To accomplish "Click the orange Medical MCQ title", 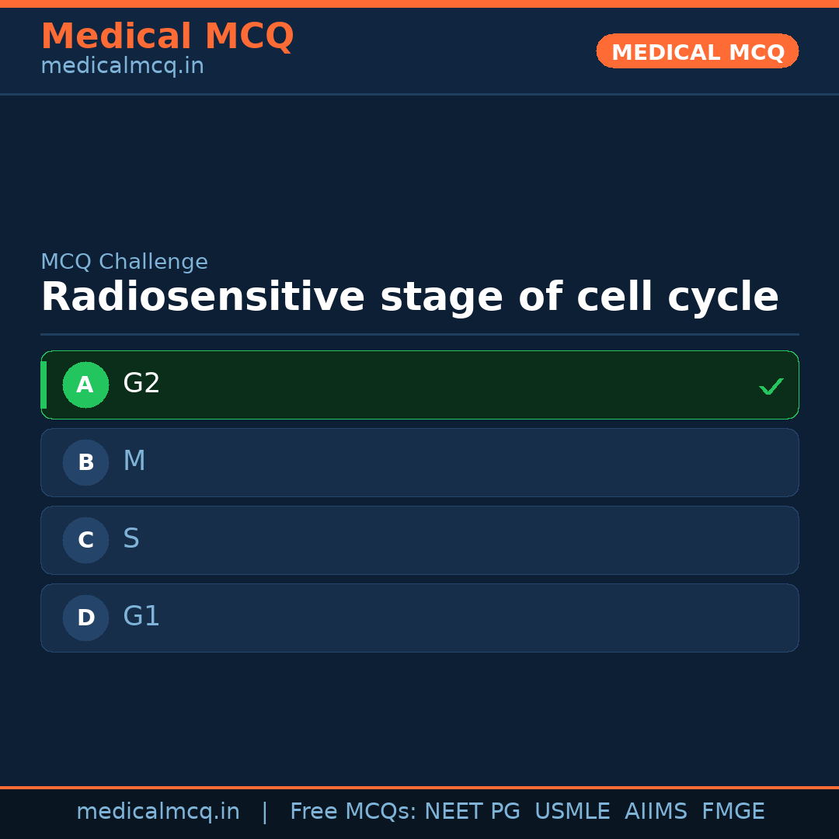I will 167,37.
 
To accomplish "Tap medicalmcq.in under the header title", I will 122,67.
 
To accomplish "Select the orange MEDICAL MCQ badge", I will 697,52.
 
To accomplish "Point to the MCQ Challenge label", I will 124,263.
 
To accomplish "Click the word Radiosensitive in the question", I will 202,298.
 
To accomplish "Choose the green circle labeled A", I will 85,385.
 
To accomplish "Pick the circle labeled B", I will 85,462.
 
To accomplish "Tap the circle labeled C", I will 85,540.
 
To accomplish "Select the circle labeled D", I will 85,618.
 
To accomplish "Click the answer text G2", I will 141,384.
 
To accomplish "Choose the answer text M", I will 134,461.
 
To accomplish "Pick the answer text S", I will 131,539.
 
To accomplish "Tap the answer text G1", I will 141,617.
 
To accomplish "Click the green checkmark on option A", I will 771,386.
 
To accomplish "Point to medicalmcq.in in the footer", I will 158,812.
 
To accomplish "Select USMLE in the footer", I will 572,812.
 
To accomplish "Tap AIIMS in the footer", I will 656,812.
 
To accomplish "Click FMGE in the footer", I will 733,812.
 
